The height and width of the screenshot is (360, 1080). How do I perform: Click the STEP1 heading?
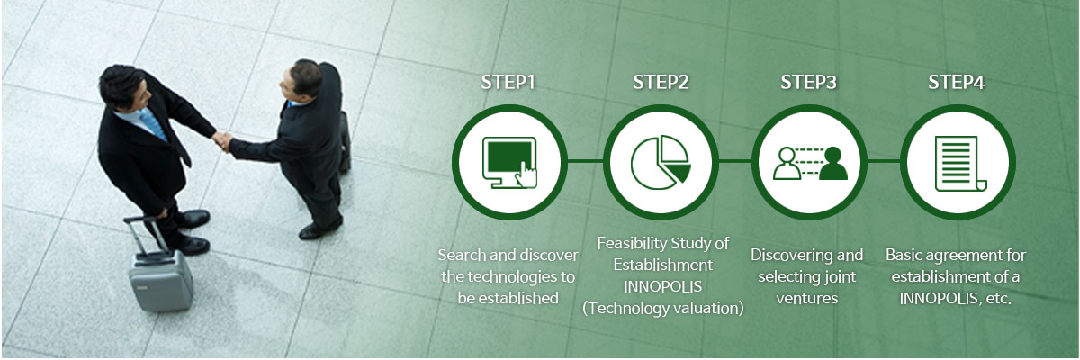[x=508, y=83]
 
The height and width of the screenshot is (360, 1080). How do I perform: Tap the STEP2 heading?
[x=661, y=83]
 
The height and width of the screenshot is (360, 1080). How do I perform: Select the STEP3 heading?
[x=808, y=83]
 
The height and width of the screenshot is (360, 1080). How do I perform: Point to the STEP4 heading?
[x=957, y=83]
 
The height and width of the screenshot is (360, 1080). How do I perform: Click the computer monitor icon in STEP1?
[x=509, y=162]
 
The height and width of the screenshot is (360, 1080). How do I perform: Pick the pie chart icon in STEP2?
[x=661, y=162]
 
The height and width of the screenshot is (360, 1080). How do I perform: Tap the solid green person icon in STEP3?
[x=833, y=164]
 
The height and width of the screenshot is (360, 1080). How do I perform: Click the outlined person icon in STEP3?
[x=787, y=164]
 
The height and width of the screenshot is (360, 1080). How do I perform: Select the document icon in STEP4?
[x=960, y=164]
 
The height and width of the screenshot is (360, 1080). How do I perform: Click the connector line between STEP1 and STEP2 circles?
[x=585, y=161]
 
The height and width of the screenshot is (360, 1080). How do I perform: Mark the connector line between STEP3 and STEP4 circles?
[x=883, y=161]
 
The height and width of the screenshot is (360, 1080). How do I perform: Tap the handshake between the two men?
[x=222, y=140]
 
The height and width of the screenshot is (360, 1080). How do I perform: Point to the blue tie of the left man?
[x=153, y=124]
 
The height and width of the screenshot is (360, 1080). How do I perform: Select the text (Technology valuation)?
[x=663, y=308]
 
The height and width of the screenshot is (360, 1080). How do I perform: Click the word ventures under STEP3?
[x=807, y=298]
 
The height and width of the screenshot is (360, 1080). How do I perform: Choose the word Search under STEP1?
[x=462, y=255]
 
